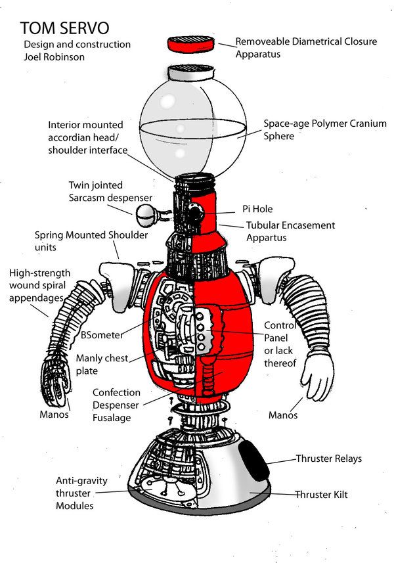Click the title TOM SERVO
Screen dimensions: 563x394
pos(64,28)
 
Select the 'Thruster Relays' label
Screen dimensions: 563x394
pos(328,459)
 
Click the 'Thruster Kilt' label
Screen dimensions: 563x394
pos(326,494)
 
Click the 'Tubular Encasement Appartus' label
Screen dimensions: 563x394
pos(290,231)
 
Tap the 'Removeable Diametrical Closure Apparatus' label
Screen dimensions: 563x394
pos(305,47)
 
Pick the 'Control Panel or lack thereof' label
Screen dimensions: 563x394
pos(280,344)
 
